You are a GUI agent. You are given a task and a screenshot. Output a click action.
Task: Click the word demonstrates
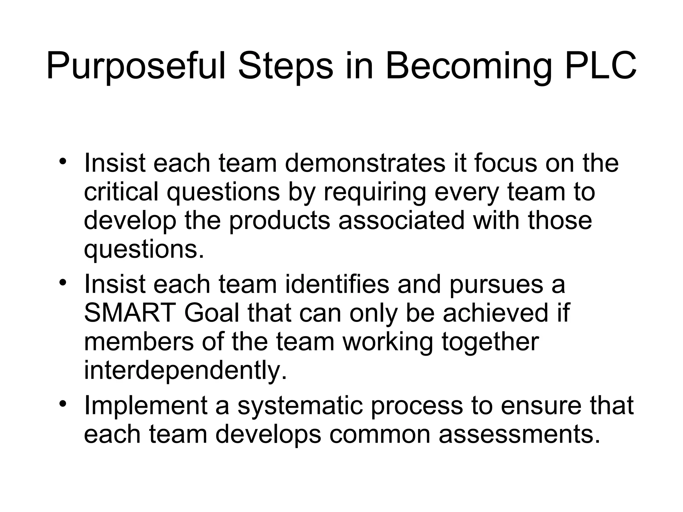(x=365, y=163)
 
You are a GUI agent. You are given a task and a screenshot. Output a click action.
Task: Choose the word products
(x=279, y=222)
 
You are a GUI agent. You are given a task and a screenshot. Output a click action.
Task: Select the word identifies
(x=337, y=284)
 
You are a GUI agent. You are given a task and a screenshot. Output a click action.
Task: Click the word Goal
(x=211, y=313)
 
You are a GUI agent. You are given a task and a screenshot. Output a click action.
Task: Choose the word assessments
(x=519, y=434)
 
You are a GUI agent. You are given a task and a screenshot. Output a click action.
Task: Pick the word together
(x=490, y=342)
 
